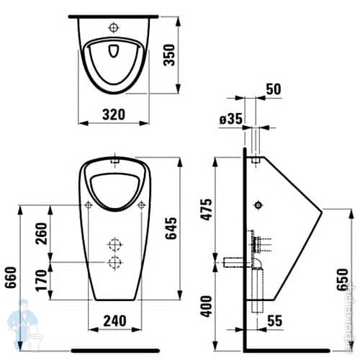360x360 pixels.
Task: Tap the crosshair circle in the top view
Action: coord(114,27)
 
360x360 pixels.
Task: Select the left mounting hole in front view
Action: coord(87,205)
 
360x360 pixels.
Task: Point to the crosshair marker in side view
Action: coord(258,205)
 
